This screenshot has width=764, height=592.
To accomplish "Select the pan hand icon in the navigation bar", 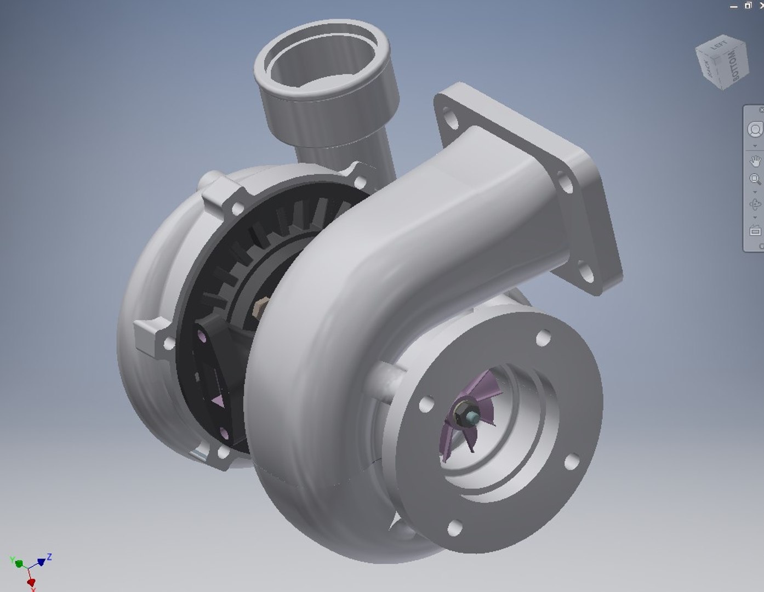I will pos(755,161).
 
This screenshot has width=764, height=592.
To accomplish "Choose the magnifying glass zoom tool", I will pos(755,179).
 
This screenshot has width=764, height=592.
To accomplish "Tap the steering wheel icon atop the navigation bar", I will pos(755,129).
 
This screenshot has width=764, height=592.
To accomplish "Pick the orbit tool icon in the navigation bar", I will pos(755,204).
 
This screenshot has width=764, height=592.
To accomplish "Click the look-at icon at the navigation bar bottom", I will pos(755,231).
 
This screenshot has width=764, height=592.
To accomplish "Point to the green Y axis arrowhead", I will pos(18,563).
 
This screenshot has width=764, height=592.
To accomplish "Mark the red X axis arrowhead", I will pos(31,582).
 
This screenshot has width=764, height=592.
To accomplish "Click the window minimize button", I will pos(734,6).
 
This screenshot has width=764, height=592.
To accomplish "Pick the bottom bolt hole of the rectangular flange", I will pos(587,272).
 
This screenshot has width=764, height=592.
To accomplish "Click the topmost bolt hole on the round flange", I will pos(543,338).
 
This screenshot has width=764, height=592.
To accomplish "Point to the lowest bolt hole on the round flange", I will pos(454,528).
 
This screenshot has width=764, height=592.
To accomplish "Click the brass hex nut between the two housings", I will pos(261,306).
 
